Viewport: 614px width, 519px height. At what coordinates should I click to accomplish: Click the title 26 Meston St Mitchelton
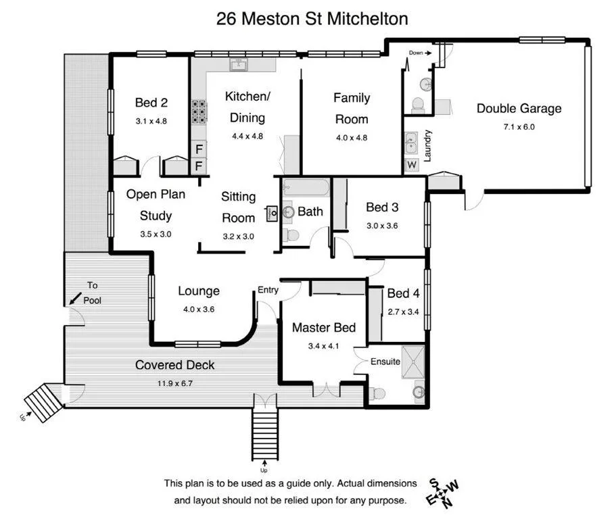click(x=312, y=18)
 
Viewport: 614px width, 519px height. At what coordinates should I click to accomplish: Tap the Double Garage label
click(x=519, y=108)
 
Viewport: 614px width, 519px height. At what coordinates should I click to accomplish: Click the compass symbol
click(x=442, y=493)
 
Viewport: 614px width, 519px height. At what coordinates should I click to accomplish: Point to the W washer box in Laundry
click(x=411, y=164)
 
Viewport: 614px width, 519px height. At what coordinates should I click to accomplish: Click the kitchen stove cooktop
click(x=199, y=112)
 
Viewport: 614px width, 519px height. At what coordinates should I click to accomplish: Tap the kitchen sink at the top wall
click(x=238, y=65)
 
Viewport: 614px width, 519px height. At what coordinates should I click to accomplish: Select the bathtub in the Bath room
click(x=305, y=187)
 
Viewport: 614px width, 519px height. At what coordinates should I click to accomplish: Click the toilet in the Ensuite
click(x=378, y=393)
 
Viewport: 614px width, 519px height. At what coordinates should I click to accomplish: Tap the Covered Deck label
click(x=174, y=365)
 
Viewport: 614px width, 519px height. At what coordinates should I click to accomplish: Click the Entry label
click(x=268, y=290)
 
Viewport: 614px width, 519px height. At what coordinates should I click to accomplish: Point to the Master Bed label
click(x=323, y=328)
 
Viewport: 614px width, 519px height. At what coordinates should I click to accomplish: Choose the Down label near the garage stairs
click(x=416, y=52)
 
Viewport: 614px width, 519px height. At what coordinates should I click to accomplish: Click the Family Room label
click(x=352, y=108)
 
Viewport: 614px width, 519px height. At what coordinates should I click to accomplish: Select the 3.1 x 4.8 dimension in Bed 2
click(x=151, y=121)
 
